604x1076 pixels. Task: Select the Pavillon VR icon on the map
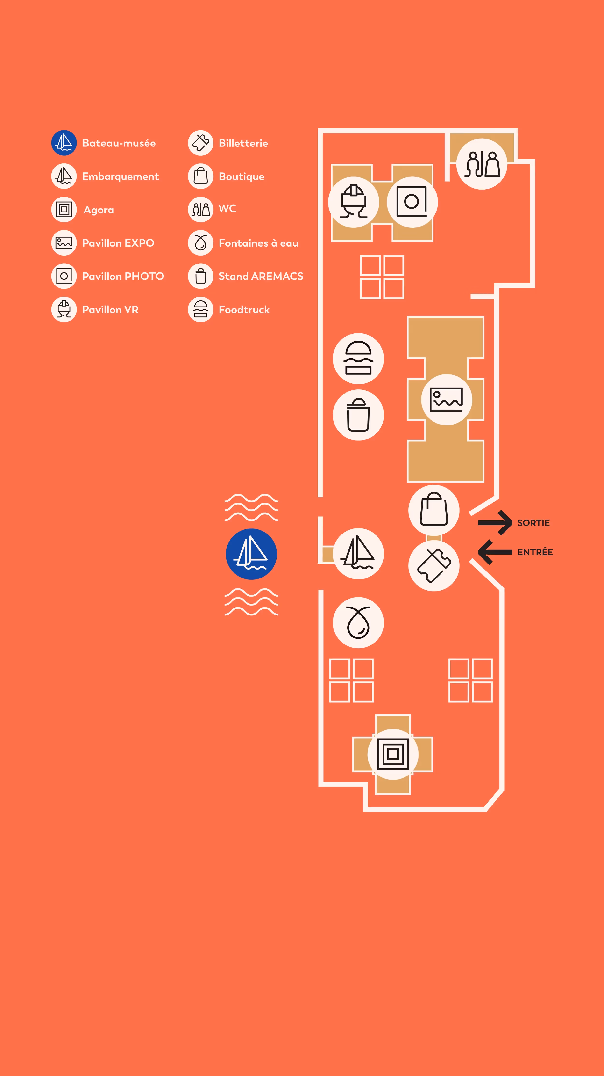point(354,202)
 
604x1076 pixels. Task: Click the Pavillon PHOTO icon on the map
point(412,202)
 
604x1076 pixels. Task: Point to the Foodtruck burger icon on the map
point(358,359)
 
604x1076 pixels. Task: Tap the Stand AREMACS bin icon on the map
point(358,415)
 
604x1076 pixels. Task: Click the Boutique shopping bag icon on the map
point(434,510)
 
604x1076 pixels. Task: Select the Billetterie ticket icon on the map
point(434,566)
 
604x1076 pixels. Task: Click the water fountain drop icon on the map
point(358,622)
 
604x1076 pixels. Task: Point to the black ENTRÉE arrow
point(495,552)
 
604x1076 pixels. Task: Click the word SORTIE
point(533,523)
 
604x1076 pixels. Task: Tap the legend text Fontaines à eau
point(258,243)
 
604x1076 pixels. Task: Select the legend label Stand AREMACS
point(261,276)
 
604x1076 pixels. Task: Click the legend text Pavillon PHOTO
point(123,276)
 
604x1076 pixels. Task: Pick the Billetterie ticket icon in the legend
point(201,143)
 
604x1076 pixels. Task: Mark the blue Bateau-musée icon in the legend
point(64,143)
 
